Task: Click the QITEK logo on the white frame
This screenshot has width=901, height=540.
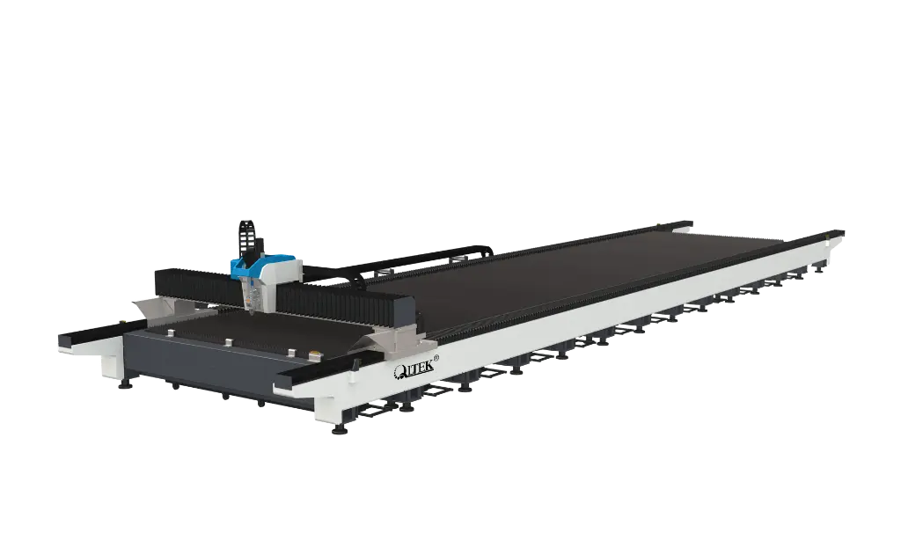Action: click(x=413, y=370)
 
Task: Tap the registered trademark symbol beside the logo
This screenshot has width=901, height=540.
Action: click(x=436, y=359)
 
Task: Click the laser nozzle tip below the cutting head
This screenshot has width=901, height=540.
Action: click(x=252, y=312)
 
